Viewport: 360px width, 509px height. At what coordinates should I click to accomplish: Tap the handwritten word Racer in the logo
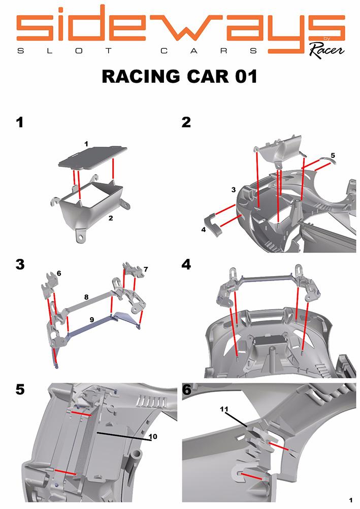pos(326,50)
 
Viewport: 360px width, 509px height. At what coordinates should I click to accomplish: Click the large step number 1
pos(20,122)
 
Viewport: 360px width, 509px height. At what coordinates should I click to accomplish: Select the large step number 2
pos(186,122)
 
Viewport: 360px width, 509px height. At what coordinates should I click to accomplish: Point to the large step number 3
pos(20,264)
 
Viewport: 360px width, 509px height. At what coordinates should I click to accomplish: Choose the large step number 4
pos(186,264)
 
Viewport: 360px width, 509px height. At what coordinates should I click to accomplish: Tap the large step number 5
pos(20,389)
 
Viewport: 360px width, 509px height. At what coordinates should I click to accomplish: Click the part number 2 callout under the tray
pos(111,218)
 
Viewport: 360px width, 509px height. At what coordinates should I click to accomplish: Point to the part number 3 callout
pos(233,190)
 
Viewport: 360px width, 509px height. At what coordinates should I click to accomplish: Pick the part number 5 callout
pos(333,155)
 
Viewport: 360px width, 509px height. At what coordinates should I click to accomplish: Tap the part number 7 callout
pos(146,269)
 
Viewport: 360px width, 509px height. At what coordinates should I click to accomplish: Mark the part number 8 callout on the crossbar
pos(86,297)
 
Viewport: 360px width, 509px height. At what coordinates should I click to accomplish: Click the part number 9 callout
pos(92,320)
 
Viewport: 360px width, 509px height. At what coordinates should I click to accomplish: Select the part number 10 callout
pos(153,436)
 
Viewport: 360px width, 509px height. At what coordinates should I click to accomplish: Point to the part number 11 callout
pos(224,409)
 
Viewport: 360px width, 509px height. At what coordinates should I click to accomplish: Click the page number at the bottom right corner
pos(350,500)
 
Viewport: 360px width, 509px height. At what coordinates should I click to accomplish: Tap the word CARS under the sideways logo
pos(209,51)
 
